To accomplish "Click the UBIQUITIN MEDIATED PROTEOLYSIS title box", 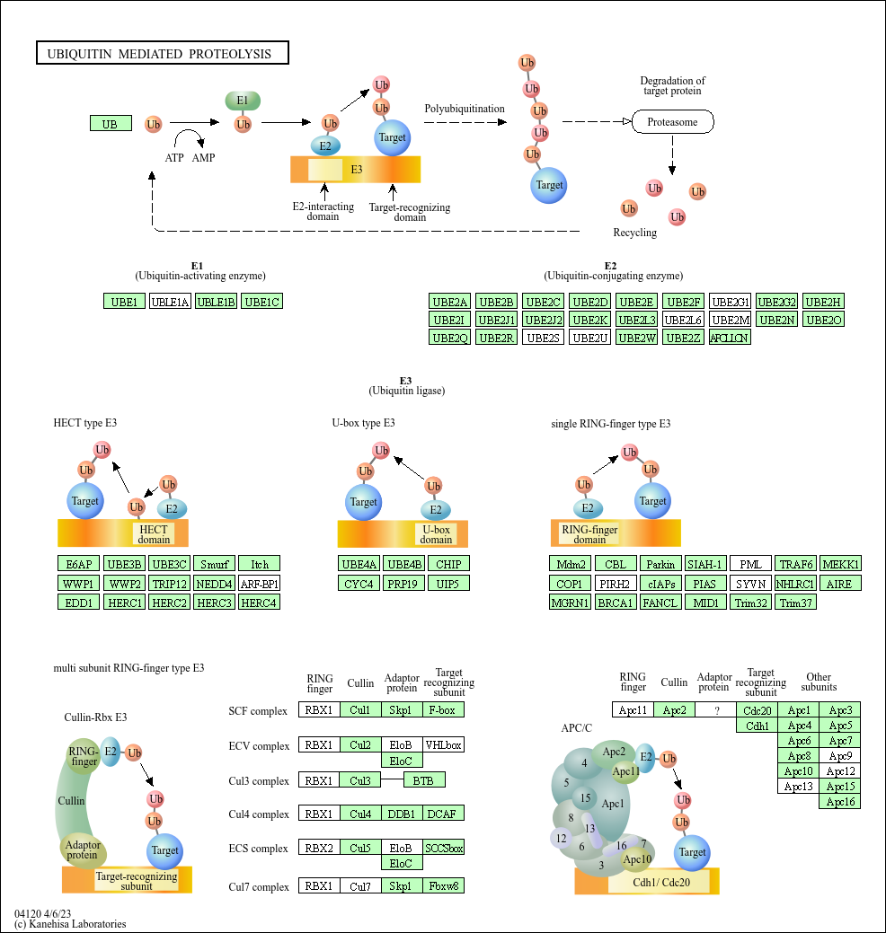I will (x=162, y=54).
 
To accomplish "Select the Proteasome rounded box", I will (x=672, y=121).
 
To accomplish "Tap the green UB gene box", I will (x=110, y=124).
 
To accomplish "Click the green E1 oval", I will (x=243, y=101).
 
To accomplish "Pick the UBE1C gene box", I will (x=262, y=302).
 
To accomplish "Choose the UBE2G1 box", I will (x=730, y=302).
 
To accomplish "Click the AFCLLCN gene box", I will (x=730, y=338).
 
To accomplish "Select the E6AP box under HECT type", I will (x=77, y=565).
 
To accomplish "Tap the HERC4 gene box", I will (x=260, y=603).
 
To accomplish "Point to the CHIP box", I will (x=448, y=565).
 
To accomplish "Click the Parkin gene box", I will (x=661, y=565).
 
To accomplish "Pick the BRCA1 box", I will (x=616, y=603).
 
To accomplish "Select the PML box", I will (x=750, y=565).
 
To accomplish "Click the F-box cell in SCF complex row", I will (x=442, y=710).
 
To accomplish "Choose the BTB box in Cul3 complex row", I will (x=423, y=780).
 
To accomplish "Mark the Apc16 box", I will (x=840, y=802).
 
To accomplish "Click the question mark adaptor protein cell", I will (x=716, y=710).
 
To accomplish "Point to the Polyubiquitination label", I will (x=465, y=109).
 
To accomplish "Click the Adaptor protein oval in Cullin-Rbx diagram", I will (x=83, y=849).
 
